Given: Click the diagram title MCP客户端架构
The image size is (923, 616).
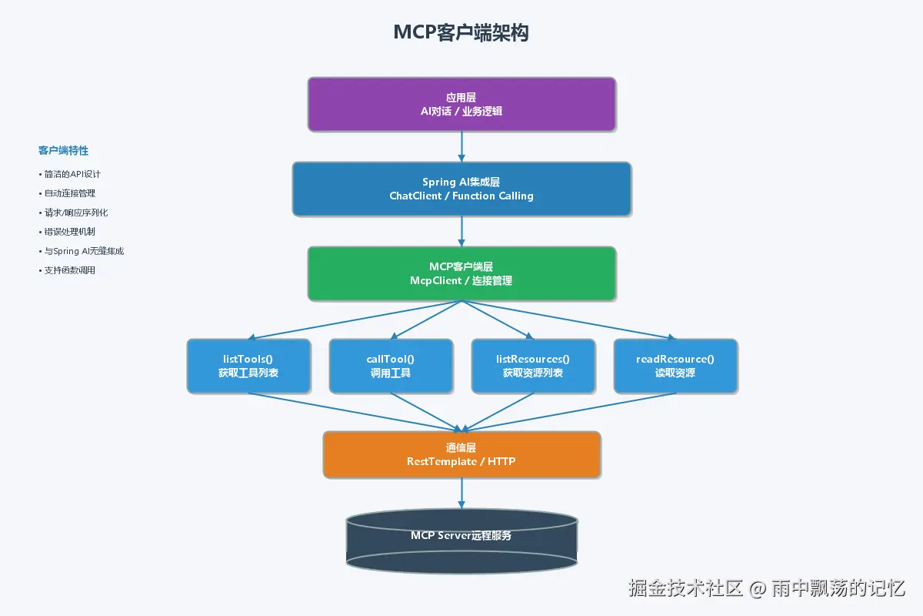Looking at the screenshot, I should click(x=461, y=32).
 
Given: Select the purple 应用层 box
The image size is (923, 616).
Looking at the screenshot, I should click(x=461, y=104).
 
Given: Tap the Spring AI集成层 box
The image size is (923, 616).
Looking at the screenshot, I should click(x=461, y=189).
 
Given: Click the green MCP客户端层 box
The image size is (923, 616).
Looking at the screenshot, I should click(x=461, y=273).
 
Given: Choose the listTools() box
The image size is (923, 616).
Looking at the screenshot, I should click(x=248, y=366).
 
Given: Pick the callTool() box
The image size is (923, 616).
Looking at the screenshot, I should click(x=391, y=366).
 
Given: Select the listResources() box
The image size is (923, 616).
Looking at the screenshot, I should click(x=533, y=366).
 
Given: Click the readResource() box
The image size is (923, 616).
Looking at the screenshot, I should click(x=675, y=366).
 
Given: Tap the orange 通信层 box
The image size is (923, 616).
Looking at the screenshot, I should click(x=461, y=454).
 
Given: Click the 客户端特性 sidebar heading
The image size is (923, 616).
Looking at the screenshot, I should click(x=63, y=151).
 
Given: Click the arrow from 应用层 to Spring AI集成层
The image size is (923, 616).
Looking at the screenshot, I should click(x=461, y=146).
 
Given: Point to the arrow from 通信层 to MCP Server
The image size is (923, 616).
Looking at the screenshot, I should click(x=461, y=493).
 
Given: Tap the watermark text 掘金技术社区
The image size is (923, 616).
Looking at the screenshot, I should click(x=685, y=588).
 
